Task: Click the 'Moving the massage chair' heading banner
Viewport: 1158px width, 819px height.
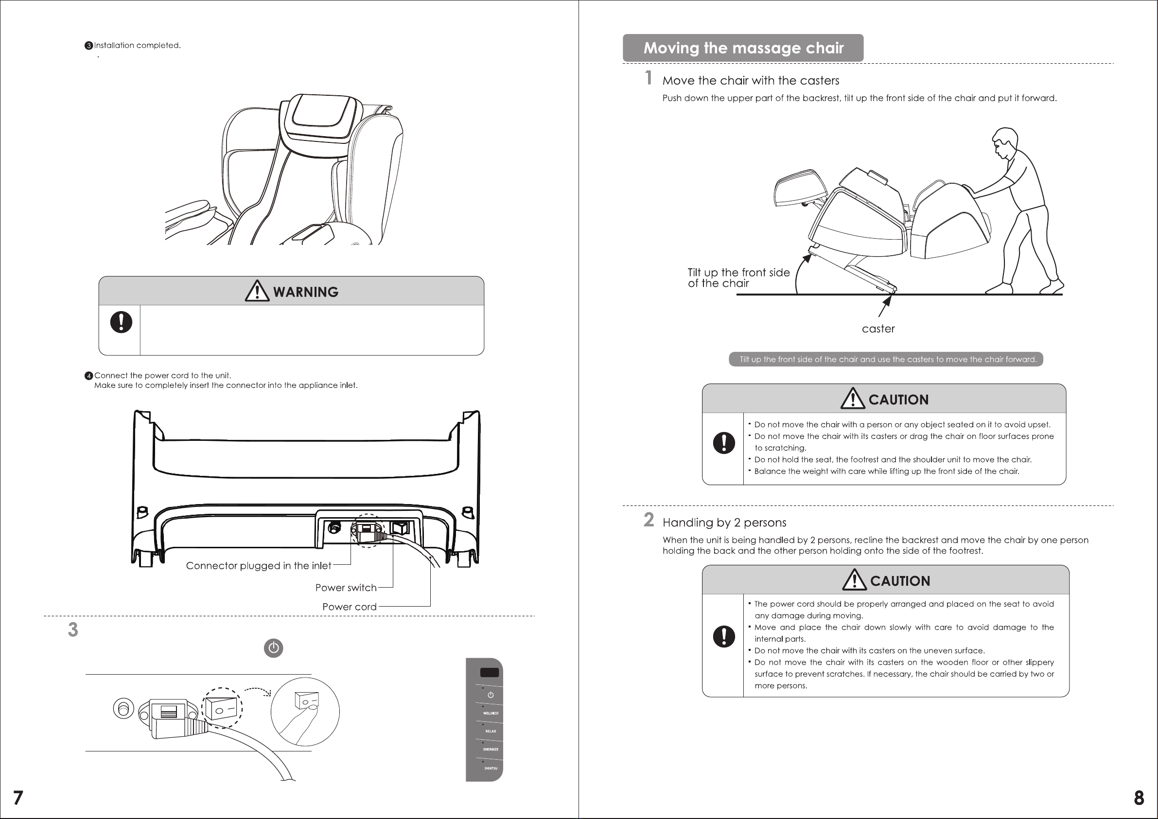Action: pyautogui.click(x=743, y=48)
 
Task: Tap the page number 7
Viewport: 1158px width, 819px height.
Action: pyautogui.click(x=18, y=798)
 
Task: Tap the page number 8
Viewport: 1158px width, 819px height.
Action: pyautogui.click(x=1139, y=798)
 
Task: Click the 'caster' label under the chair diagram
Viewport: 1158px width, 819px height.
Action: pyautogui.click(x=878, y=329)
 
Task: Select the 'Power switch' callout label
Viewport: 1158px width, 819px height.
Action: pyautogui.click(x=346, y=588)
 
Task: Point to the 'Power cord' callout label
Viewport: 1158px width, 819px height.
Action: pyautogui.click(x=349, y=607)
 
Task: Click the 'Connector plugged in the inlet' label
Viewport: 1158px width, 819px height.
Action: pyautogui.click(x=258, y=566)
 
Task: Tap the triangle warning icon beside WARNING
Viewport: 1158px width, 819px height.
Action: pyautogui.click(x=257, y=291)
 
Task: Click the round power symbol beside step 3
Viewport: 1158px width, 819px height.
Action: pyautogui.click(x=273, y=648)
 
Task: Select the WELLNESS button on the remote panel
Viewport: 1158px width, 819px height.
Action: pyautogui.click(x=490, y=713)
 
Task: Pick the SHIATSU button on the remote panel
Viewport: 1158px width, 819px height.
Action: pyautogui.click(x=490, y=768)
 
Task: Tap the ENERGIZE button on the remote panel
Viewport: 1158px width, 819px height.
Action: pyautogui.click(x=490, y=749)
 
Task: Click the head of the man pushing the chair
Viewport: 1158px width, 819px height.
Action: pyautogui.click(x=1005, y=141)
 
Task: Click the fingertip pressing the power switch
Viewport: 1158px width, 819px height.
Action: pyautogui.click(x=313, y=709)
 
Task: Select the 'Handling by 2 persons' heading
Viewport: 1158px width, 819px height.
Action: pyautogui.click(x=724, y=523)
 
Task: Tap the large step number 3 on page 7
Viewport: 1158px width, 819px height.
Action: pyautogui.click(x=73, y=630)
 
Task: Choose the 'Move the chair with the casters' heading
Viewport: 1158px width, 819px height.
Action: pyautogui.click(x=751, y=81)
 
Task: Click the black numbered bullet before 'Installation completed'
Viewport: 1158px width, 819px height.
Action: pyautogui.click(x=89, y=46)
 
